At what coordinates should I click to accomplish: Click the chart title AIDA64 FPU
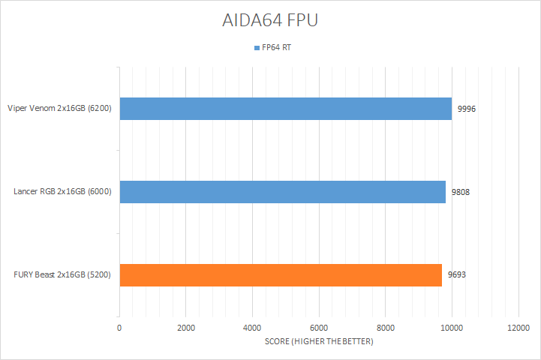click(270, 20)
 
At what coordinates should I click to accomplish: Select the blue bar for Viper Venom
click(285, 109)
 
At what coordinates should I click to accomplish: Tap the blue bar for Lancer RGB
click(282, 192)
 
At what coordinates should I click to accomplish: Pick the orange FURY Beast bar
click(281, 275)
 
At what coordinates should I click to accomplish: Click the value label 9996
click(467, 109)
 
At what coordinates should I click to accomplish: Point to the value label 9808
click(461, 192)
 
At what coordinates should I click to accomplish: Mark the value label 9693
click(457, 275)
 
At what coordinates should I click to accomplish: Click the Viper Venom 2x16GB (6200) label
click(59, 109)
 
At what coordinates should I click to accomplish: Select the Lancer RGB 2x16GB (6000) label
click(62, 192)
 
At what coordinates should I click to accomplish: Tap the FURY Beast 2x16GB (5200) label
click(63, 275)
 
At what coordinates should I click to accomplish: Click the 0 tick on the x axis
click(119, 328)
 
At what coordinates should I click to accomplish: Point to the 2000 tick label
click(185, 328)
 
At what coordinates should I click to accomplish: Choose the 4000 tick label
click(252, 328)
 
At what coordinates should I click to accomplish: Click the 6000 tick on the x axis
click(319, 328)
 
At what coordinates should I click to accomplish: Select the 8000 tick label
click(385, 328)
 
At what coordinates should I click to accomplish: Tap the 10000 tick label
click(452, 328)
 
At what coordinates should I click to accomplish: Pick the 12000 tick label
click(518, 328)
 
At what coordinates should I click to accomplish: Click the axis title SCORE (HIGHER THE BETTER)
click(319, 342)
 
